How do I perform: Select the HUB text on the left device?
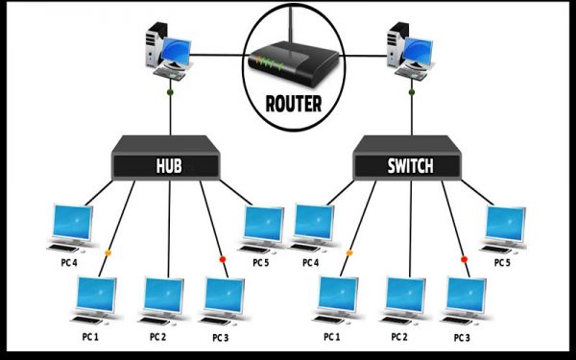tap(169, 166)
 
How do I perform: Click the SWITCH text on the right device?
tap(411, 166)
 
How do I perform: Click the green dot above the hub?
tap(169, 93)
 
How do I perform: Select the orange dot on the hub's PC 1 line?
tap(108, 253)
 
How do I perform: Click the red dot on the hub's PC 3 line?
tap(222, 259)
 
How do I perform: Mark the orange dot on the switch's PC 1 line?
tap(349, 253)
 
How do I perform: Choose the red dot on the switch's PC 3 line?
tap(464, 259)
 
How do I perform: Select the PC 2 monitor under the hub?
tap(163, 299)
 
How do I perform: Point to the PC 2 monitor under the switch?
tap(405, 299)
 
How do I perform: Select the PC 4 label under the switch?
tap(310, 262)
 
